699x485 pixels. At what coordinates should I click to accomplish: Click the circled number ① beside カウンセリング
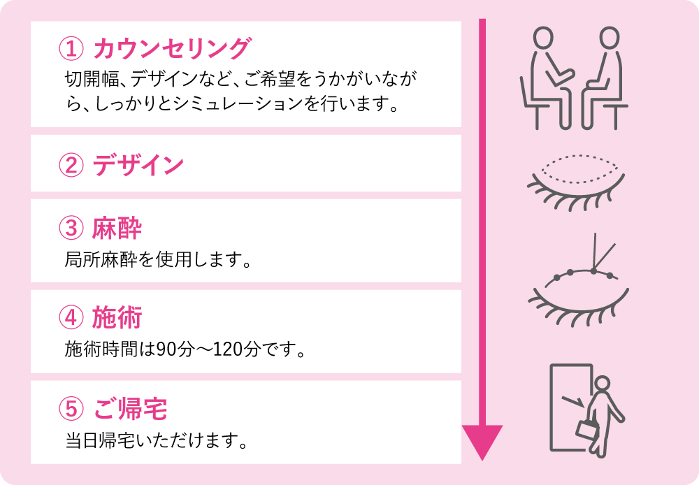click(71, 48)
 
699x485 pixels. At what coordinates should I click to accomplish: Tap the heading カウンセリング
click(172, 48)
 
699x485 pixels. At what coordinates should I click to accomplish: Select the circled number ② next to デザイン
click(71, 165)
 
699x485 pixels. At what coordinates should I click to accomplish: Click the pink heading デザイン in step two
click(138, 165)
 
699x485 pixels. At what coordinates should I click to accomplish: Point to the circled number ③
click(71, 228)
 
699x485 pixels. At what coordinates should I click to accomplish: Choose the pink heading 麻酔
click(117, 229)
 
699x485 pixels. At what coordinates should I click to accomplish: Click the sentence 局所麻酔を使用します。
click(158, 259)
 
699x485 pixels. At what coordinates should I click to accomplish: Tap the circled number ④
click(71, 318)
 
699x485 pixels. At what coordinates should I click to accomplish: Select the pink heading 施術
click(117, 318)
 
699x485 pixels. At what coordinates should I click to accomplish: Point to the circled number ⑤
click(71, 409)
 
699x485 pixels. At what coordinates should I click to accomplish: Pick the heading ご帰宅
click(130, 409)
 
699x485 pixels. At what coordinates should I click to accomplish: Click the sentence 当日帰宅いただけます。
click(156, 440)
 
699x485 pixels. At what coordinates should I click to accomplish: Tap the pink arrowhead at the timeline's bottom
click(482, 441)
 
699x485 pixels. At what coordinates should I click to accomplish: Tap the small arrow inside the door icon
click(573, 400)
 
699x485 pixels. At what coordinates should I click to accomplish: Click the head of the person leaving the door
click(603, 384)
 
